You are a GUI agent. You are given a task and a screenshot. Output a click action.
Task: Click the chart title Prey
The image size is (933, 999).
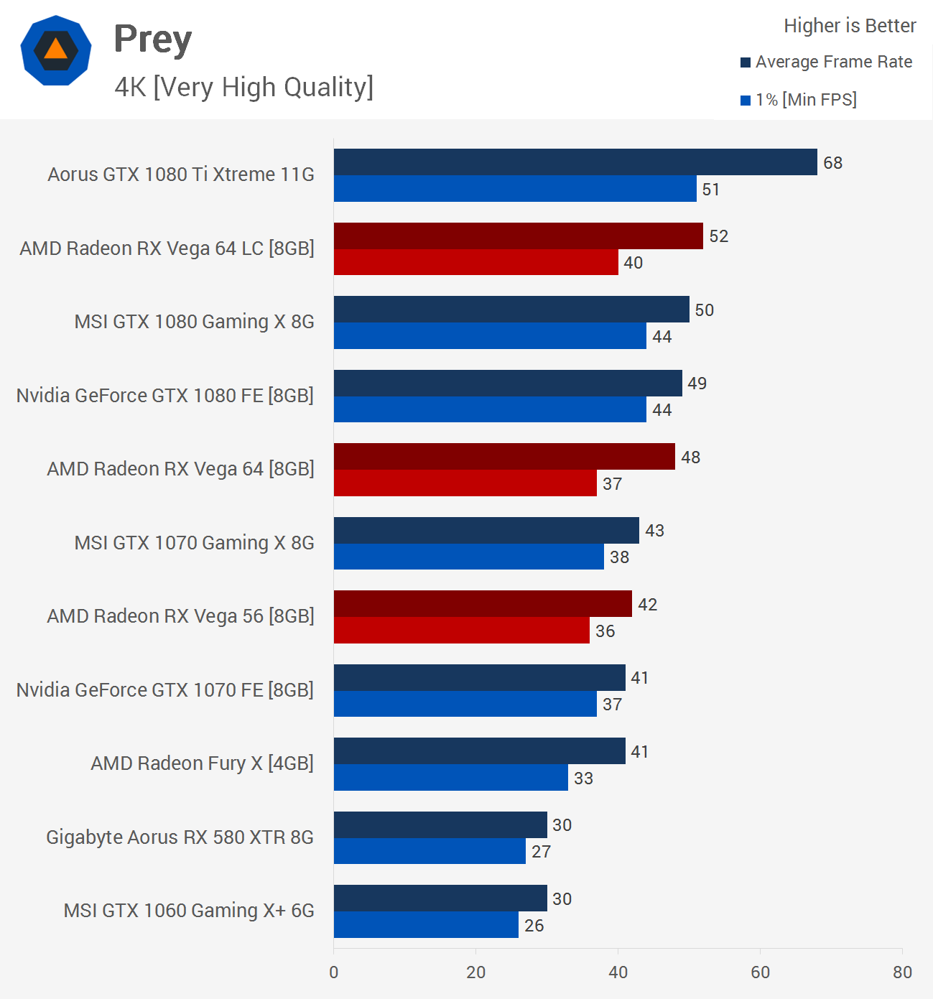point(153,40)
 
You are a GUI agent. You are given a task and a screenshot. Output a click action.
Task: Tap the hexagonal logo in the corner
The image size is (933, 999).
point(56,50)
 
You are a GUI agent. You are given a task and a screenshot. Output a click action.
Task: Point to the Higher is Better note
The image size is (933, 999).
point(850,26)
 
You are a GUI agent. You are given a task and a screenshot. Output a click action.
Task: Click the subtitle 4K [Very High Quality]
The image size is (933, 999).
point(243,87)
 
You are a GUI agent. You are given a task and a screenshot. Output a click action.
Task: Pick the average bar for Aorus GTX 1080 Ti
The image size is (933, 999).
point(575,162)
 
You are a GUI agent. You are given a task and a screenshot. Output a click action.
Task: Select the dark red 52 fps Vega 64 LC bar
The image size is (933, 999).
point(518,236)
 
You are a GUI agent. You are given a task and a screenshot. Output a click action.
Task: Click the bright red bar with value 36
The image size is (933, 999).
point(461,631)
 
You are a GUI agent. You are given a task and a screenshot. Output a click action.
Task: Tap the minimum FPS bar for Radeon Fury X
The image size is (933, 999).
point(450,778)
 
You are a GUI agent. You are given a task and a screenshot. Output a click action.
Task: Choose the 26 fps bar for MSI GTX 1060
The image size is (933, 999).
point(426,925)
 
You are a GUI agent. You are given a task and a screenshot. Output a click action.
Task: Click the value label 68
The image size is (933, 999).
point(832,163)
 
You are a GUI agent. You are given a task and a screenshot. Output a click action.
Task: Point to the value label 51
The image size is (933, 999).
point(710,190)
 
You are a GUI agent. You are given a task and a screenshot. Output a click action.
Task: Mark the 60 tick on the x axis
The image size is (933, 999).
point(760,972)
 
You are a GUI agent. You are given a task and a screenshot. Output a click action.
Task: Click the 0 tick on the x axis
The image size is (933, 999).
point(334,972)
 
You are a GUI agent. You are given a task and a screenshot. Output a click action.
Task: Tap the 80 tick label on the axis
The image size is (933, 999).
point(902,972)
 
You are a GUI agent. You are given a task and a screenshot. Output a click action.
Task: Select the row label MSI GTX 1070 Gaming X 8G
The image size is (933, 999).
point(194,543)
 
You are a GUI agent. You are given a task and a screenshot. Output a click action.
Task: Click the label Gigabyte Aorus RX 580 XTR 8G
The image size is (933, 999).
point(180,837)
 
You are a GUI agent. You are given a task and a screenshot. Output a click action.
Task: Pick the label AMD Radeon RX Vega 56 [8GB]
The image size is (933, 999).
point(180,616)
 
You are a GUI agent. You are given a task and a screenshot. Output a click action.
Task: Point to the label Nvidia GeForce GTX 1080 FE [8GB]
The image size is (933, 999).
point(164,396)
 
